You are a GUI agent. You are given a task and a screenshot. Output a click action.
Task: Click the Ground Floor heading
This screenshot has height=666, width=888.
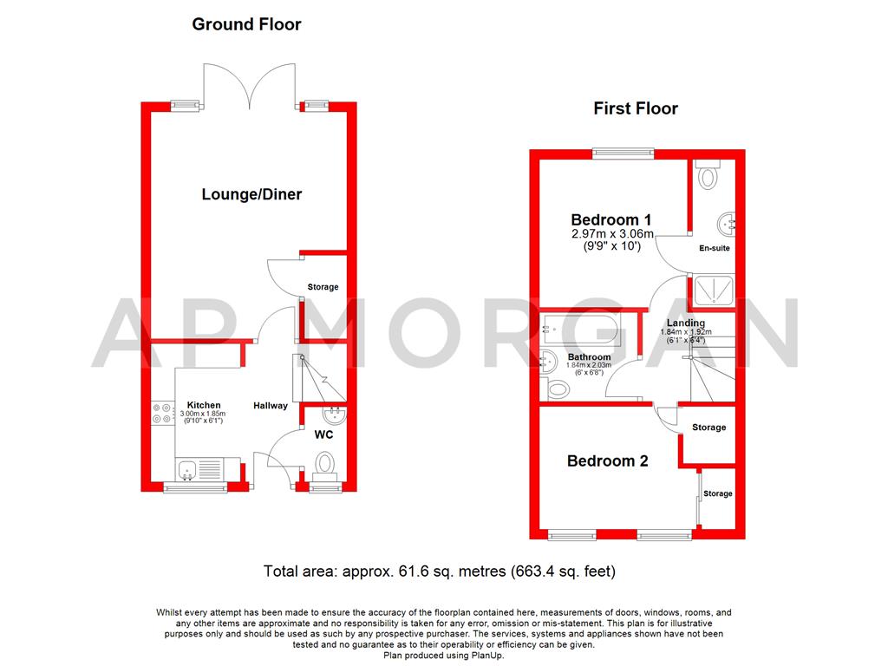246,24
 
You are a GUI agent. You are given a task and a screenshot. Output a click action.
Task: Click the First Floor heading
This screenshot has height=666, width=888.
635,108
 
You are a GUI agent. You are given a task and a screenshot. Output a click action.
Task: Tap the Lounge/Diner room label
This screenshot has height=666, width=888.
251,194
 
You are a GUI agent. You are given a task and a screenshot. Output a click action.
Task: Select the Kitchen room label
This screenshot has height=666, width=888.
204,405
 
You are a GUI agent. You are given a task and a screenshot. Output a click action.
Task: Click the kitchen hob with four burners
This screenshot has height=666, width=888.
162,414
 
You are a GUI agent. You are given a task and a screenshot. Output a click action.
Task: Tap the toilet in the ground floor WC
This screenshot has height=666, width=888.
325,463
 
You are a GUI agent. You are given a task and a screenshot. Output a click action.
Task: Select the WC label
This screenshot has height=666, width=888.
324,434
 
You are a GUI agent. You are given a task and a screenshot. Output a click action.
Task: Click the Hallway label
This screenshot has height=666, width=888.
271,406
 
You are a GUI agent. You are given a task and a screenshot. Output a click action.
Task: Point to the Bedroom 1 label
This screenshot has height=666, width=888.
610,219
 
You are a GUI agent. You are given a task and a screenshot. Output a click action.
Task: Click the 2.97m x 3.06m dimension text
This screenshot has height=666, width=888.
611,233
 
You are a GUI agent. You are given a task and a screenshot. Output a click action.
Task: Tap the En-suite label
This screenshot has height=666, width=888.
714,248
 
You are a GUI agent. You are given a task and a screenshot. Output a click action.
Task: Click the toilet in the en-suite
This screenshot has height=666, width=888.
710,176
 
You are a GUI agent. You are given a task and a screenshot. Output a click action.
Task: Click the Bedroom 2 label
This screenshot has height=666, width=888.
607,461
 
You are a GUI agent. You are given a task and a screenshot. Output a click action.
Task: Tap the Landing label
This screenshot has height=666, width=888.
686,323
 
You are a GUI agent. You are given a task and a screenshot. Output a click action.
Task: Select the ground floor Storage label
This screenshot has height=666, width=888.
323,287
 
